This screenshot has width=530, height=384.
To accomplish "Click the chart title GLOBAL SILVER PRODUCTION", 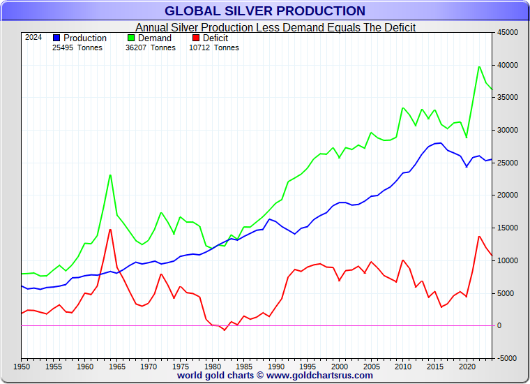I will [264, 10].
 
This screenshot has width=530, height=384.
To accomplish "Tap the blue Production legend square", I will [57, 38].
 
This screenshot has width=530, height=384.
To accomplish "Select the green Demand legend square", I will [131, 38].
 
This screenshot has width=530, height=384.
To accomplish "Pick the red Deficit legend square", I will [197, 38].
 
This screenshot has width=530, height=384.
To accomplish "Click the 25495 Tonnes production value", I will [77, 47].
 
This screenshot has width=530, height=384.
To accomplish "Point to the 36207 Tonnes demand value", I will [151, 47].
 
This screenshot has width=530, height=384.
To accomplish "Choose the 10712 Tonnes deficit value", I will [213, 47].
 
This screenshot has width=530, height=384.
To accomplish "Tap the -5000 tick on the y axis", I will [507, 358].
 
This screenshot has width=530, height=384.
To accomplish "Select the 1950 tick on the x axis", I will [22, 365].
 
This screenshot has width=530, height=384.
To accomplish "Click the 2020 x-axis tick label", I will [467, 365].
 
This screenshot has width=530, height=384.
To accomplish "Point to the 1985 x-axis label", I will [244, 365].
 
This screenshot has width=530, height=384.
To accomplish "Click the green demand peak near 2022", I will [479, 67].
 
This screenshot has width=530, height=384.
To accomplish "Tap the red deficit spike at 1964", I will [110, 230].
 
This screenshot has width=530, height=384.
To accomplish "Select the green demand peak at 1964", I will [110, 175].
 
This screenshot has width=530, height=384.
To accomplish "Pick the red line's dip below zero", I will [225, 330].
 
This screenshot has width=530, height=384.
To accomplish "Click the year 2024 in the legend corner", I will [33, 38].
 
